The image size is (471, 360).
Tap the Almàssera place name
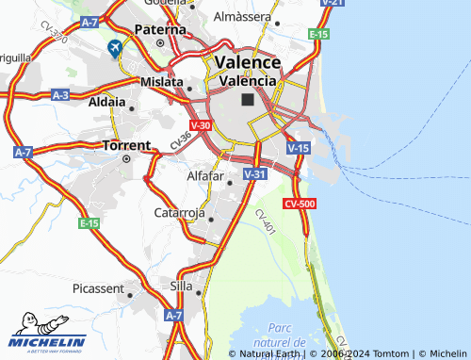click(243, 17)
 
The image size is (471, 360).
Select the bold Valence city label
click(248, 62)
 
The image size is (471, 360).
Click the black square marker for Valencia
click(248, 99)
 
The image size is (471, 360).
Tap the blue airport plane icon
click(115, 48)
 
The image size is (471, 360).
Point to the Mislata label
click(161, 82)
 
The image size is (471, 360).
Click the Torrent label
click(126, 145)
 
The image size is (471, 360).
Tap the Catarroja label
click(179, 213)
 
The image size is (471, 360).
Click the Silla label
click(179, 285)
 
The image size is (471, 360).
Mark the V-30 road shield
click(200, 124)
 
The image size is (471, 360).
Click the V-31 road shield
click(254, 174)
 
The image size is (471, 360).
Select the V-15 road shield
click(298, 148)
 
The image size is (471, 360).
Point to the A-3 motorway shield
click(60, 95)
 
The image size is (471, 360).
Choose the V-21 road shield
click(331, 3)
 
